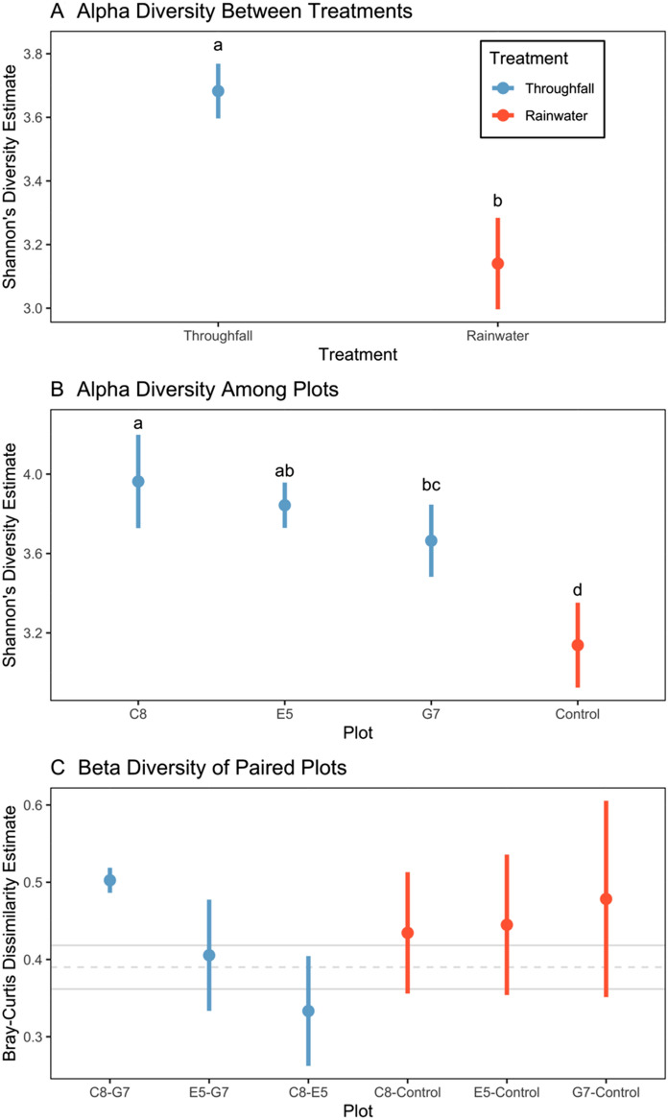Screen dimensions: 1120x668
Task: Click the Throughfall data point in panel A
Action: (x=218, y=91)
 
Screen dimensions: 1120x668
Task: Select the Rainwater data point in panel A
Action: (x=498, y=263)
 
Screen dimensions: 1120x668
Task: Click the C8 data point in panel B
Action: (x=138, y=482)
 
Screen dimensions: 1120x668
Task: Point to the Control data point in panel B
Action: (x=578, y=645)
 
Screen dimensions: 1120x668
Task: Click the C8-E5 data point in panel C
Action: (x=308, y=1011)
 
